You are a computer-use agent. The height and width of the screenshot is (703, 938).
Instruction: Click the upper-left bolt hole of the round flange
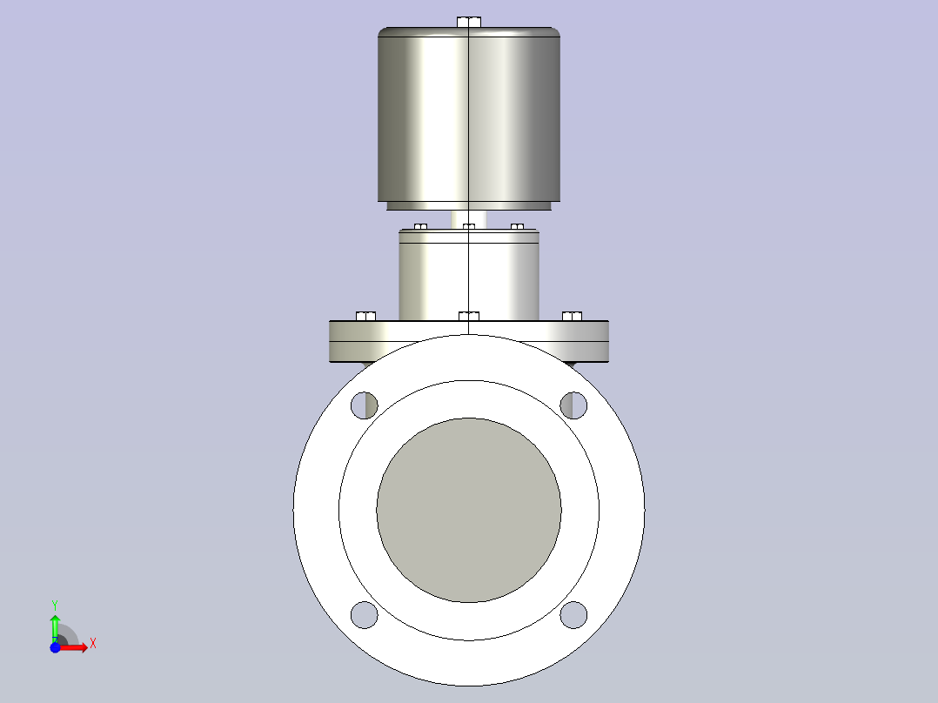(364, 405)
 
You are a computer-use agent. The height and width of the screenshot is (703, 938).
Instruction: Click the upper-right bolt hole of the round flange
(573, 405)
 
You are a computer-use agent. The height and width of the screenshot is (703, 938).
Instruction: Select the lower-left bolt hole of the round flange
(364, 615)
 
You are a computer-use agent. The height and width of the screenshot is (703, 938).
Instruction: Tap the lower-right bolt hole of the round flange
(573, 615)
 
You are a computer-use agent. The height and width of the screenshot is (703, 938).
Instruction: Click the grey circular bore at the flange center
(469, 511)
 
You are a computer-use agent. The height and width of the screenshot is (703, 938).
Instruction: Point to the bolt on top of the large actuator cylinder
(469, 22)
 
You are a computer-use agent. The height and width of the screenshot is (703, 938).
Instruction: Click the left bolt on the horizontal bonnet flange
(365, 317)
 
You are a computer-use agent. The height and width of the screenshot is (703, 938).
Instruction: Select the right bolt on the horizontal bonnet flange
(572, 317)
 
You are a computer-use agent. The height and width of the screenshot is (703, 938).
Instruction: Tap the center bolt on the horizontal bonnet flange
(469, 317)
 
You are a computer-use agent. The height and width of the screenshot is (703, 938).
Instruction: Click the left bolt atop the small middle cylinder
(420, 227)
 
